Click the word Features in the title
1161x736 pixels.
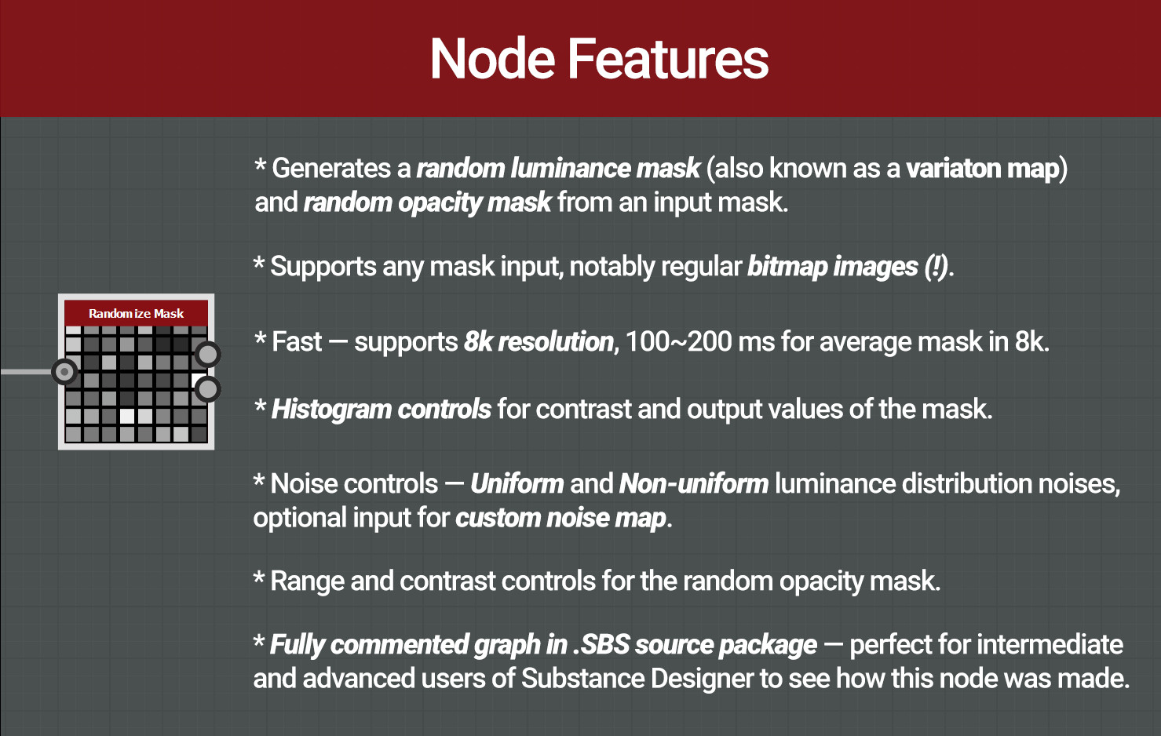coord(667,60)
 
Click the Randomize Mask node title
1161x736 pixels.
coord(136,313)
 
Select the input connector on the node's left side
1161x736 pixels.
coord(64,371)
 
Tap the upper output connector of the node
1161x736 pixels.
coord(207,354)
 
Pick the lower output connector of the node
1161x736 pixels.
coord(207,388)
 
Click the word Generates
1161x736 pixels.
coord(330,169)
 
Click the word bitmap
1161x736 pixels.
coord(787,267)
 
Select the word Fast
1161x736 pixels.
coord(297,342)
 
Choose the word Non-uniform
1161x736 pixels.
coord(693,483)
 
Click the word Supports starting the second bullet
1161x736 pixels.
coord(323,267)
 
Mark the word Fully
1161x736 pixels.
coord(297,645)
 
